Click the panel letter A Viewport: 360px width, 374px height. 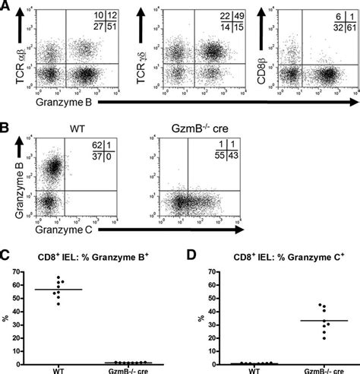(x=6, y=5)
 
